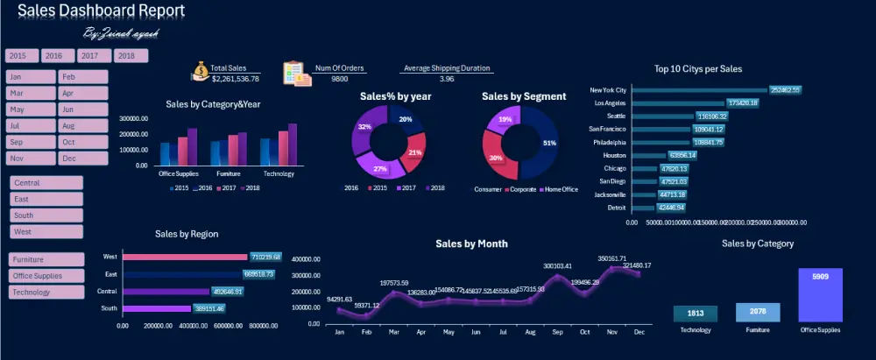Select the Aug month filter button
pyautogui.click(x=83, y=126)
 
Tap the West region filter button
pyautogui.click(x=46, y=232)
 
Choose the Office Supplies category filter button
pyautogui.click(x=46, y=276)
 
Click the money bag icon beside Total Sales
pyautogui.click(x=201, y=72)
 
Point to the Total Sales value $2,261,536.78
pyautogui.click(x=235, y=79)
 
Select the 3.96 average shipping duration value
pyautogui.click(x=447, y=79)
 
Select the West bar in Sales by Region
pyautogui.click(x=185, y=258)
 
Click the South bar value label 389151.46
pyautogui.click(x=209, y=308)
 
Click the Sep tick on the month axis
pyautogui.click(x=558, y=333)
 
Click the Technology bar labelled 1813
pyautogui.click(x=695, y=314)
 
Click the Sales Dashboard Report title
pyautogui.click(x=101, y=11)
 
